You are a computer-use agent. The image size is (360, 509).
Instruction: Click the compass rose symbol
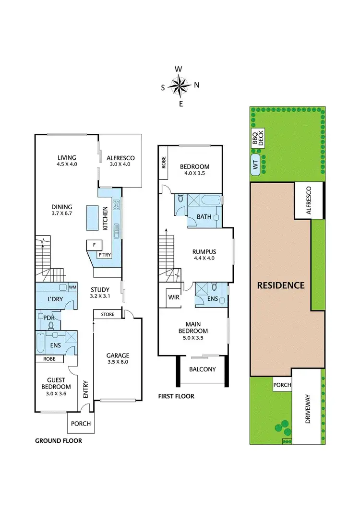tap(180, 86)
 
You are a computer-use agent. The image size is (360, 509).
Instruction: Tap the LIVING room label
tap(67, 157)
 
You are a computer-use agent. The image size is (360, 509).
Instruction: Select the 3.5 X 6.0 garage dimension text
tap(118, 362)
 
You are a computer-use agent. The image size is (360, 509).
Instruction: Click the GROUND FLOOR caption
tap(59, 440)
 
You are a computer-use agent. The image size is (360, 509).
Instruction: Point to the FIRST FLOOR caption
tap(176, 396)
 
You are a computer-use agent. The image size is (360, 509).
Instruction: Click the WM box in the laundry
tap(73, 287)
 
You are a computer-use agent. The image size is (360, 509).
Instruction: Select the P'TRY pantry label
tap(104, 255)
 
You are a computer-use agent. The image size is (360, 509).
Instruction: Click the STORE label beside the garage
tap(108, 315)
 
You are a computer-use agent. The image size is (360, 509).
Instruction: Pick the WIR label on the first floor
tap(173, 297)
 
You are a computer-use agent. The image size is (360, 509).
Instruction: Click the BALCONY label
tap(202, 369)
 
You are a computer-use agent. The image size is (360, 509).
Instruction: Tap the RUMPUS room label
tap(204, 251)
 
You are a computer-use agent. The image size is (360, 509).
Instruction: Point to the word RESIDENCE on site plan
tap(281, 285)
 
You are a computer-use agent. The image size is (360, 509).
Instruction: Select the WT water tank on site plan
tap(255, 165)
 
